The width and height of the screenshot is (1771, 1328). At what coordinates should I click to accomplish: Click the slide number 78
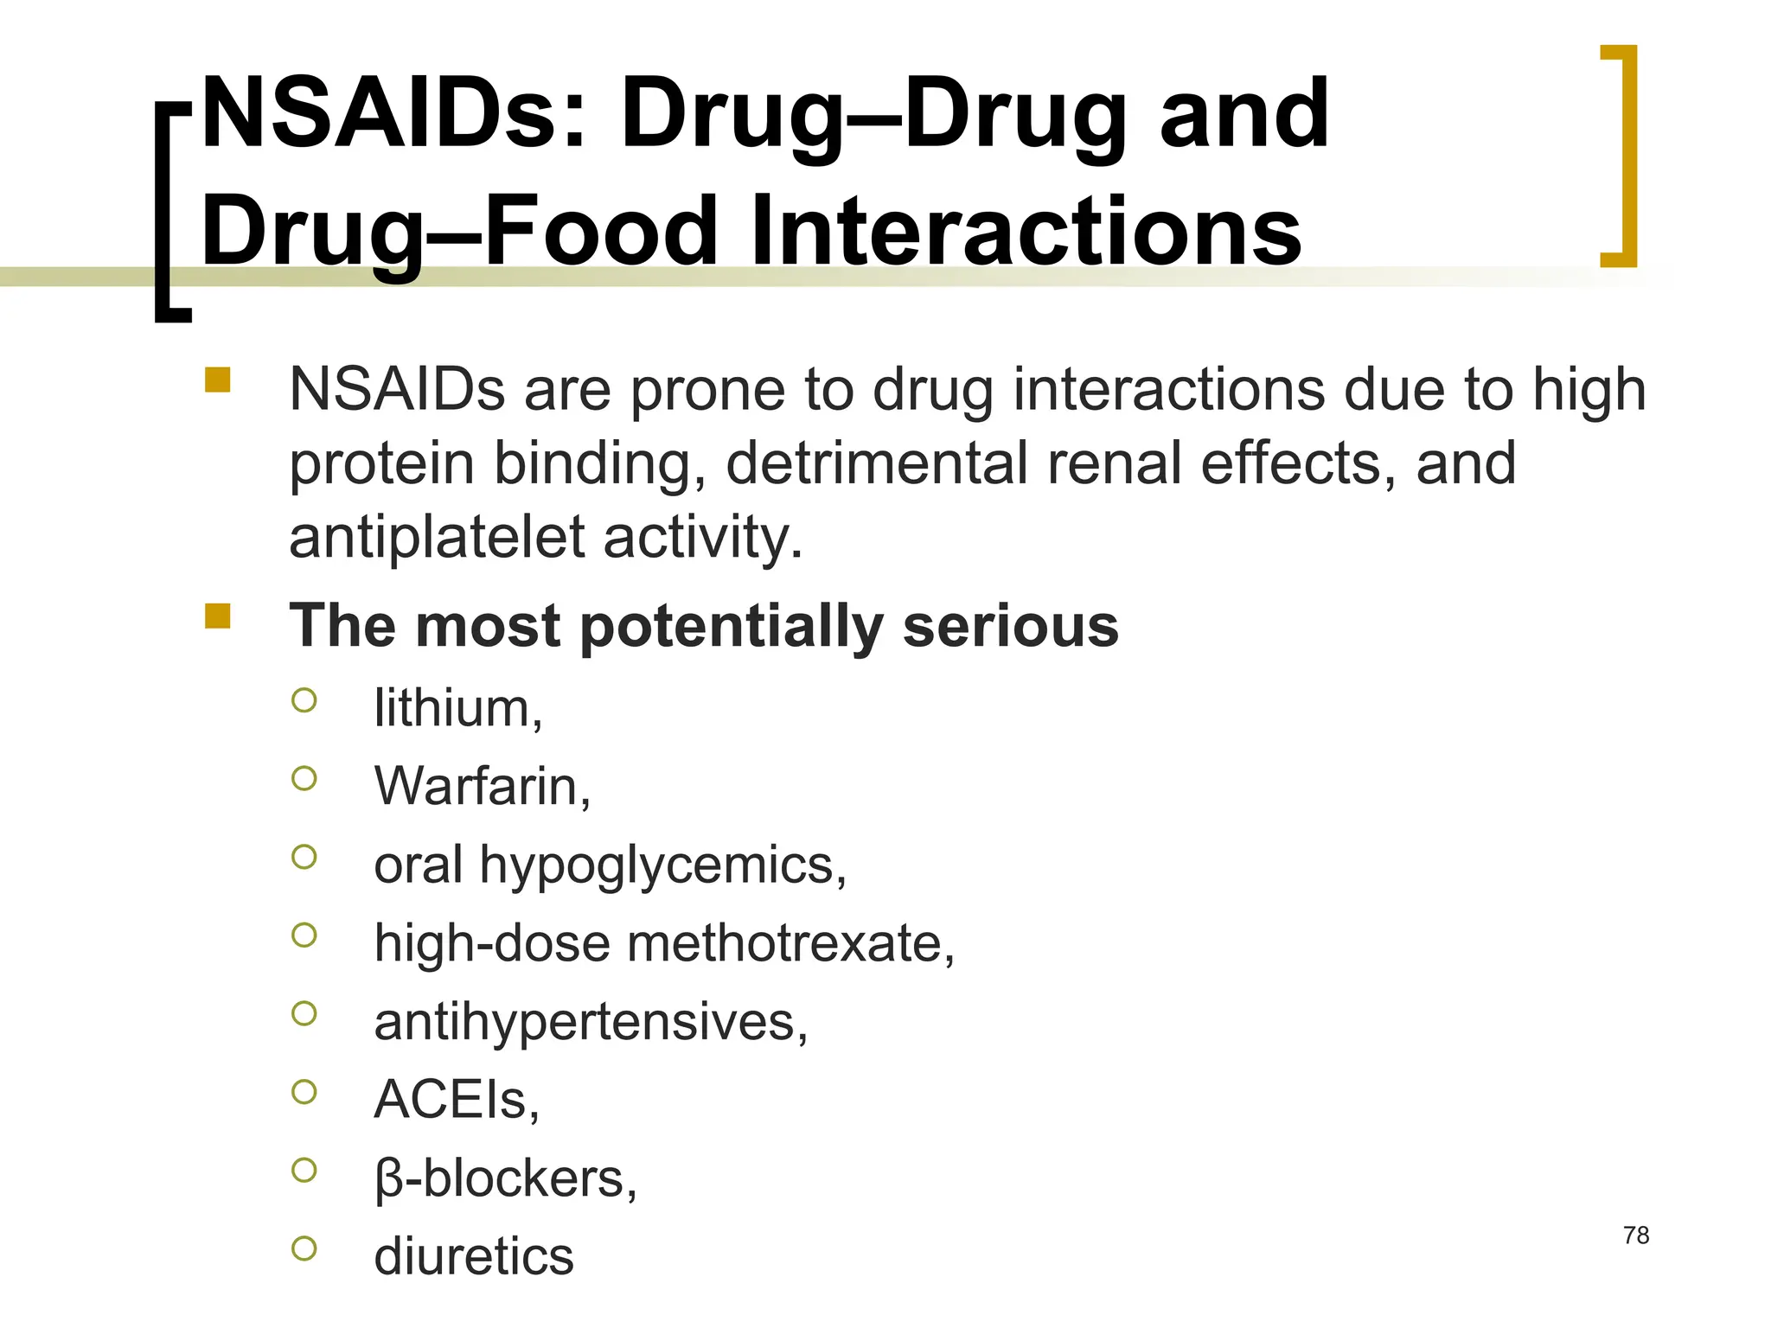pos(1636,1235)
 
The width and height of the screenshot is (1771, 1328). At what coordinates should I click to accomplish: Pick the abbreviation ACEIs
pos(450,1101)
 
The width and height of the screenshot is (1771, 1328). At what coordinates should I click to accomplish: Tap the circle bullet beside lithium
pos(304,700)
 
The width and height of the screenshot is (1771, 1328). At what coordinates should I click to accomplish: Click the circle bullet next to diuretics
pos(304,1248)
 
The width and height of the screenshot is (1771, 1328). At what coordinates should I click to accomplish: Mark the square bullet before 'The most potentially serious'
pos(218,616)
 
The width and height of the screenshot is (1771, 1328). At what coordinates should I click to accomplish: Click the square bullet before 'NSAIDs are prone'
pos(218,380)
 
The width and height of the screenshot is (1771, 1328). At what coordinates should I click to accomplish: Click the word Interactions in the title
pos(1026,232)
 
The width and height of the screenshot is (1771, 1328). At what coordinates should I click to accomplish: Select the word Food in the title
pos(602,232)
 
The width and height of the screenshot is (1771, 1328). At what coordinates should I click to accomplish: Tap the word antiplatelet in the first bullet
pos(437,538)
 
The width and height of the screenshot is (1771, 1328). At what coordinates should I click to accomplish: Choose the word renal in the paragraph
pos(1114,463)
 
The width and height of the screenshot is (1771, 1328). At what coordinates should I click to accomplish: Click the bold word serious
pos(1010,626)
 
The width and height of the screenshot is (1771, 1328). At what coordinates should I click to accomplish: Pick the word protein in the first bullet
pos(381,465)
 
